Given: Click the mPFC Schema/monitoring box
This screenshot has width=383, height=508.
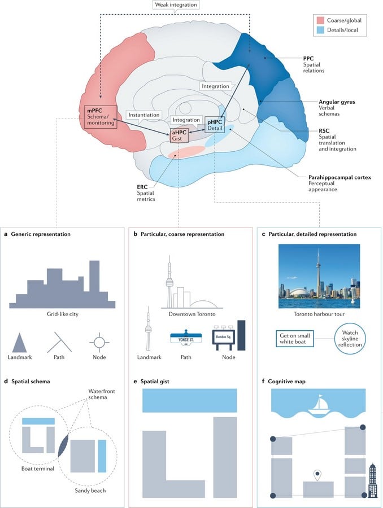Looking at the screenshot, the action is tap(101, 117).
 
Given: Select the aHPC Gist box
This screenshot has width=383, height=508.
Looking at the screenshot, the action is tap(179, 135).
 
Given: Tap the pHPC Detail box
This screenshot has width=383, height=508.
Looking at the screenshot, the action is tap(215, 125).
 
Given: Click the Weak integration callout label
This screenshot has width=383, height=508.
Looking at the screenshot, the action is tap(176, 5).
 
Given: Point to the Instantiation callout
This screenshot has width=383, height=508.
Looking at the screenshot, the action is tap(144, 115).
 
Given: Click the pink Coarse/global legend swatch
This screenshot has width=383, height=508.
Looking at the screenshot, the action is tap(320, 20).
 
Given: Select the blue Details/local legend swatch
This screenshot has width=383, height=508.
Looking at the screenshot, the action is tap(320, 30).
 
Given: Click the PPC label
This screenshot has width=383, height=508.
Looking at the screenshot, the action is tap(308, 59).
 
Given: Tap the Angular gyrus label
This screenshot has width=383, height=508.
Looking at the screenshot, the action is tap(337, 102).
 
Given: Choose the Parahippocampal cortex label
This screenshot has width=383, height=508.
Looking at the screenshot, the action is tap(340, 178).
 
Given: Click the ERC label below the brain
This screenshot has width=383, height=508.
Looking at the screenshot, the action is tap(142, 187).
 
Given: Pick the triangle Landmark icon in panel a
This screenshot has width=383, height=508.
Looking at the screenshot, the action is tap(19, 343).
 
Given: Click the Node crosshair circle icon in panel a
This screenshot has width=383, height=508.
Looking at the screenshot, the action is tap(99, 342).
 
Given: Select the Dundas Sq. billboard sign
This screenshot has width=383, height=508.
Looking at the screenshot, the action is tap(224, 338).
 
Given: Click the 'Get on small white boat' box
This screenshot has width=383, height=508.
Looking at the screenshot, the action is tap(295, 339).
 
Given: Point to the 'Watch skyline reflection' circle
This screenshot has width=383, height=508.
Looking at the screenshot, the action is tap(350, 339).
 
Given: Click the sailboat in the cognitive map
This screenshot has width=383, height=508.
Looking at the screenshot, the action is tap(318, 405).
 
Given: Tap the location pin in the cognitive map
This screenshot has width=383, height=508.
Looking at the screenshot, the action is tap(317, 475).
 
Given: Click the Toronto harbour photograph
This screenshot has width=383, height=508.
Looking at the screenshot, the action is tap(319, 276).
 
